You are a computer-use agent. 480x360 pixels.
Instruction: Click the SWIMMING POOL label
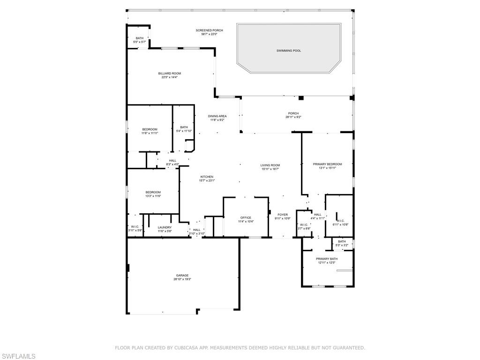288,51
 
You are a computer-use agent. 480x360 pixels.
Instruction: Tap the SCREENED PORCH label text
206,30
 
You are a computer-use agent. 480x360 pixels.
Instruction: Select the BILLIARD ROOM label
169,74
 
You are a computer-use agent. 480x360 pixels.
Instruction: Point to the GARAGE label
182,276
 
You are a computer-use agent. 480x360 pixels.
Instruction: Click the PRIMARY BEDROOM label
327,164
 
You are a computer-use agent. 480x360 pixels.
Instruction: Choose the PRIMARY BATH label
326,259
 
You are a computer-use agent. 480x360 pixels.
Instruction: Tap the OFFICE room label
246,217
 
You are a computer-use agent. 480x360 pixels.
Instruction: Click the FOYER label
282,215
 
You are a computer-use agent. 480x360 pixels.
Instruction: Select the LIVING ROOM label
270,165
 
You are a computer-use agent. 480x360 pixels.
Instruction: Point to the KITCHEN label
207,177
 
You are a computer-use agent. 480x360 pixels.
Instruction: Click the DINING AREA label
217,116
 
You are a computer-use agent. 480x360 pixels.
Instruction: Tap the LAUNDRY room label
165,227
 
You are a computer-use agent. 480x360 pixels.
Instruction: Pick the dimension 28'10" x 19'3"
182,279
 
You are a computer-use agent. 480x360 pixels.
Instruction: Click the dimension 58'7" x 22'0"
206,34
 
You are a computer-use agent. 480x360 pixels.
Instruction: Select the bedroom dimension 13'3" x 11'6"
153,196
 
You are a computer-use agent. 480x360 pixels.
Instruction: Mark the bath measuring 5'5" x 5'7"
140,42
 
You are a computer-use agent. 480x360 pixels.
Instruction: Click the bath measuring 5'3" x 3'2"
342,245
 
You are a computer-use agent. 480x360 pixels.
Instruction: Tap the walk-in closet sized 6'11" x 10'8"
340,225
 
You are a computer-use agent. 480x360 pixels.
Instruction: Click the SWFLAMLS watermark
18,357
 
